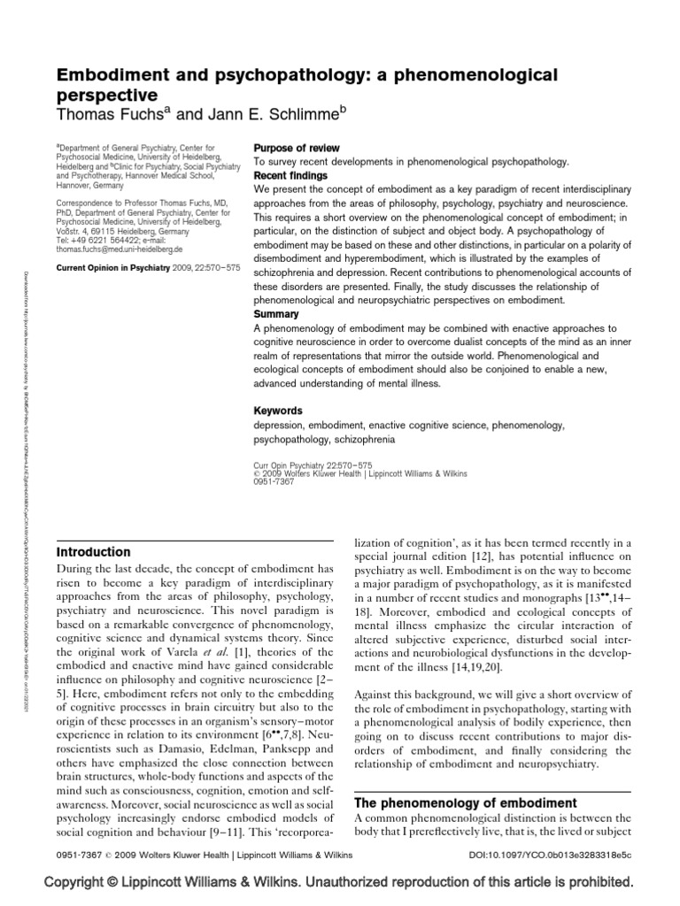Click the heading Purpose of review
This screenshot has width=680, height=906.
coord(297,148)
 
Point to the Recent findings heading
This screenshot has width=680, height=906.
coord(292,175)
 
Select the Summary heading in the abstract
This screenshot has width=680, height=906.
coord(275,314)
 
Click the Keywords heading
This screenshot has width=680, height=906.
coord(278,411)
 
